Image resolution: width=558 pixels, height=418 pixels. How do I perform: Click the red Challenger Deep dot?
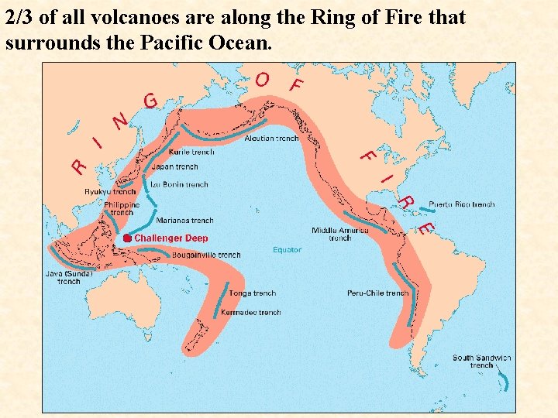click(127, 238)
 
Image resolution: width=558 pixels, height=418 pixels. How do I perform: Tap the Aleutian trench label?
click(271, 139)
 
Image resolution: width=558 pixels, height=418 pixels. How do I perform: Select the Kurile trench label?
click(191, 152)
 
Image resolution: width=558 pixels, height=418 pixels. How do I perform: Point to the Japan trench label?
click(175, 166)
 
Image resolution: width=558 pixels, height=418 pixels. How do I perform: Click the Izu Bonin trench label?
click(180, 185)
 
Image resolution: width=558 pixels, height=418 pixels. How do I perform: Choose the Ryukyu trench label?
click(110, 192)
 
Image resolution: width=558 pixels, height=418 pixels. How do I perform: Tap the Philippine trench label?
click(122, 208)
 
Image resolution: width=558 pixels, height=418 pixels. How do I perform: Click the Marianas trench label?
click(184, 221)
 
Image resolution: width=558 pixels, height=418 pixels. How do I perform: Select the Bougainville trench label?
click(206, 255)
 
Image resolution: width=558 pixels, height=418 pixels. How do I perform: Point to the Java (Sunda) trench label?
click(69, 277)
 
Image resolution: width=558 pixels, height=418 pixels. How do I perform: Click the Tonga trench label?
click(253, 293)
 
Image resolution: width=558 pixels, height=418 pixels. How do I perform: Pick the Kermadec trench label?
click(251, 313)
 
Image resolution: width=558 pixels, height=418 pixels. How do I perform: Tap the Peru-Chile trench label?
click(377, 293)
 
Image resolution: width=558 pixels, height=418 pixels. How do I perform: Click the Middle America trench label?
click(340, 234)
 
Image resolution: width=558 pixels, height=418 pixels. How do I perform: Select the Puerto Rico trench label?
click(461, 204)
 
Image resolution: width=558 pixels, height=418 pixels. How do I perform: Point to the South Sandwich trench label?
click(482, 361)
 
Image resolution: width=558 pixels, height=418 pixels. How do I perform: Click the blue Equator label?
click(287, 250)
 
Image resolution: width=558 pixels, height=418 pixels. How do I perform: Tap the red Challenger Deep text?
click(171, 238)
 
